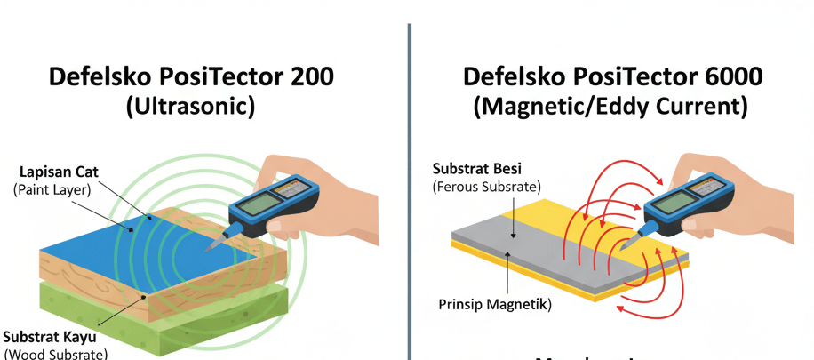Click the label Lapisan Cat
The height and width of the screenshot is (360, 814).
(x=56, y=172)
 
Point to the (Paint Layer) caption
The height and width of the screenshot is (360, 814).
(x=55, y=190)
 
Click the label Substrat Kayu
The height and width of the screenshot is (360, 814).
(x=50, y=338)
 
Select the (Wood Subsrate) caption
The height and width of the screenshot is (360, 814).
(x=54, y=354)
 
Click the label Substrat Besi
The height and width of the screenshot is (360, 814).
(x=477, y=169)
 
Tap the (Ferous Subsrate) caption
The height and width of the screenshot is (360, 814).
(x=486, y=187)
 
